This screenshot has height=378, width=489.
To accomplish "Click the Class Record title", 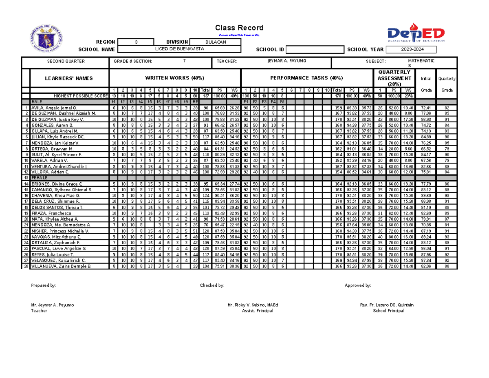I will click(x=239, y=28).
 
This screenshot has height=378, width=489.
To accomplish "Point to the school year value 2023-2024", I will click(x=411, y=49).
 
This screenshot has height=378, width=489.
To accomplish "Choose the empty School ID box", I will click(x=315, y=49).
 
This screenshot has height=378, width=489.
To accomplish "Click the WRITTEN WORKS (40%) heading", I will click(x=175, y=78).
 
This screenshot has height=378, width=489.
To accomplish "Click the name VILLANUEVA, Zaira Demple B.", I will click(x=62, y=266).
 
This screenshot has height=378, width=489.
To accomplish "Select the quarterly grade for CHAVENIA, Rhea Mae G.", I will click(x=447, y=196).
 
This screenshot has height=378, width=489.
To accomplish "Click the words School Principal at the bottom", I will click(x=388, y=311).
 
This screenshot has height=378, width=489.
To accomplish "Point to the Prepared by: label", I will click(x=44, y=285).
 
